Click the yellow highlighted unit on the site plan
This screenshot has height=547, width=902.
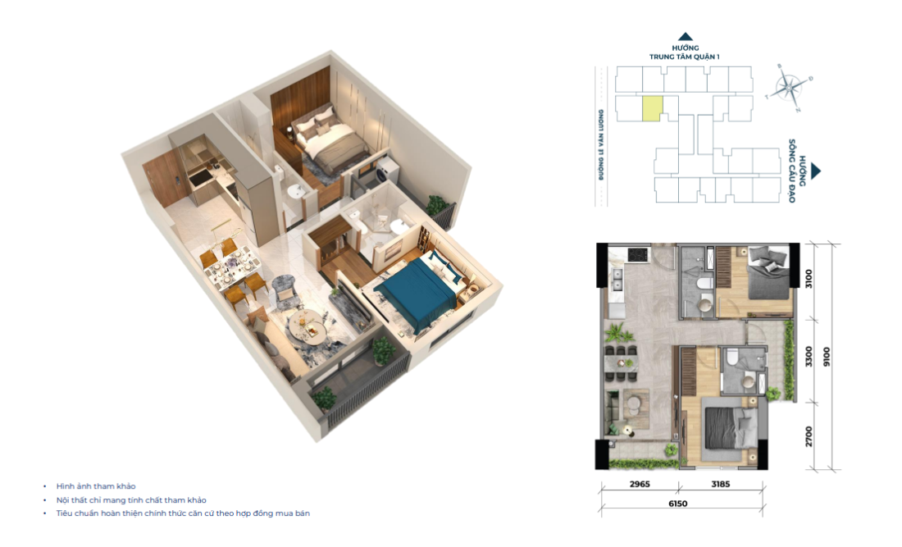[653, 109]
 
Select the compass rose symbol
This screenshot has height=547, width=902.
[789, 87]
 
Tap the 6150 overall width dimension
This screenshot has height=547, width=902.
[677, 504]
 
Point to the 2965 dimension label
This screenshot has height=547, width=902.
[640, 484]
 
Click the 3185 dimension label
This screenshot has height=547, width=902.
[720, 484]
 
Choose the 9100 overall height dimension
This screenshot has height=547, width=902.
[827, 358]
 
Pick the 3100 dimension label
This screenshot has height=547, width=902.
[809, 279]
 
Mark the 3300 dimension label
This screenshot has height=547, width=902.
[809, 357]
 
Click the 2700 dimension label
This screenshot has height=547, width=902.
[809, 436]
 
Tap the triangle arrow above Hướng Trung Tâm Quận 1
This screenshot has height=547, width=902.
[685, 37]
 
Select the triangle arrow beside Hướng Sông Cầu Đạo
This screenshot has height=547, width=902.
[815, 171]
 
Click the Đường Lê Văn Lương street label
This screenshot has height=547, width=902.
[601, 145]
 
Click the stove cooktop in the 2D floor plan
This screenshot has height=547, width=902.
[637, 253]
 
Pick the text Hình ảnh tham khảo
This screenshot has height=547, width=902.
[95, 486]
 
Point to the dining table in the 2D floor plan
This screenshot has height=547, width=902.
[621, 363]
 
